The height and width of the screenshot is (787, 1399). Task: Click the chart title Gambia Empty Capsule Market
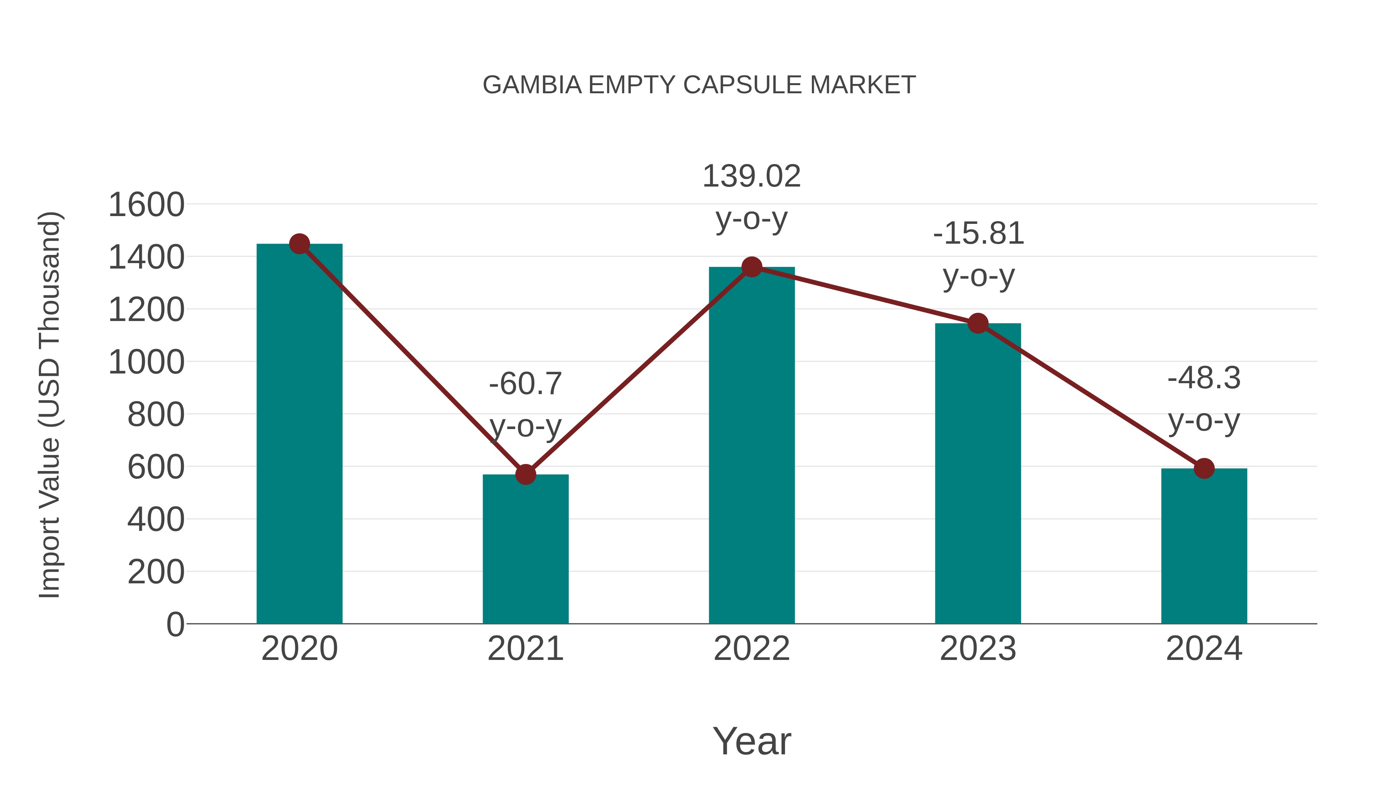[x=699, y=85]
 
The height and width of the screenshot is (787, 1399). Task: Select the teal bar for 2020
[x=299, y=435]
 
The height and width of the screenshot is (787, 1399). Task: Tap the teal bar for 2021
[x=525, y=548]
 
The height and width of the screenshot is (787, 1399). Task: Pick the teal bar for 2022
[x=752, y=445]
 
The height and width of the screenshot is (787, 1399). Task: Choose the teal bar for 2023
[x=978, y=473]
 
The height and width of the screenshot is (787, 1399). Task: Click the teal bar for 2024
[x=1204, y=546]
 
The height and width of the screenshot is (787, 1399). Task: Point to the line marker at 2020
[x=299, y=244]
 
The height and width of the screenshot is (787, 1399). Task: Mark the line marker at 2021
[x=525, y=474]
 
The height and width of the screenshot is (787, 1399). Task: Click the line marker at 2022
[x=752, y=267]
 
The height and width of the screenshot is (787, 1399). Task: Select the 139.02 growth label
[x=752, y=176]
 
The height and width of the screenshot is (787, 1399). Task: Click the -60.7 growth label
[x=525, y=384]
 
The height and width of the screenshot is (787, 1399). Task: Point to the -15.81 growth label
[x=978, y=234]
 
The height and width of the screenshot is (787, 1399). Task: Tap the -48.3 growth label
[x=1204, y=378]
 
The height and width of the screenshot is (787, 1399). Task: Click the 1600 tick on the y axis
[x=146, y=205]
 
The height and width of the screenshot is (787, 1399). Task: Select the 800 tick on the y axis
[x=156, y=415]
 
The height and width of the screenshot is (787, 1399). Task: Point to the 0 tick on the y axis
[x=175, y=625]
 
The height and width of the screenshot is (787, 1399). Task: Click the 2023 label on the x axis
[x=978, y=649]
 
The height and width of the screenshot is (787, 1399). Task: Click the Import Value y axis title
[x=50, y=405]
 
